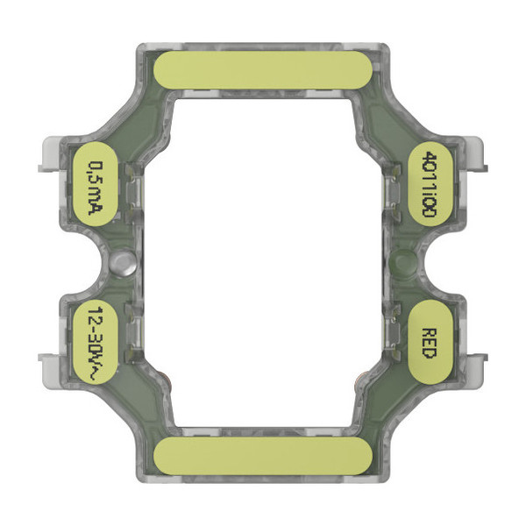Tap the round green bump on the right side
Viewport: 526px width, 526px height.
pos(403,260)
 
